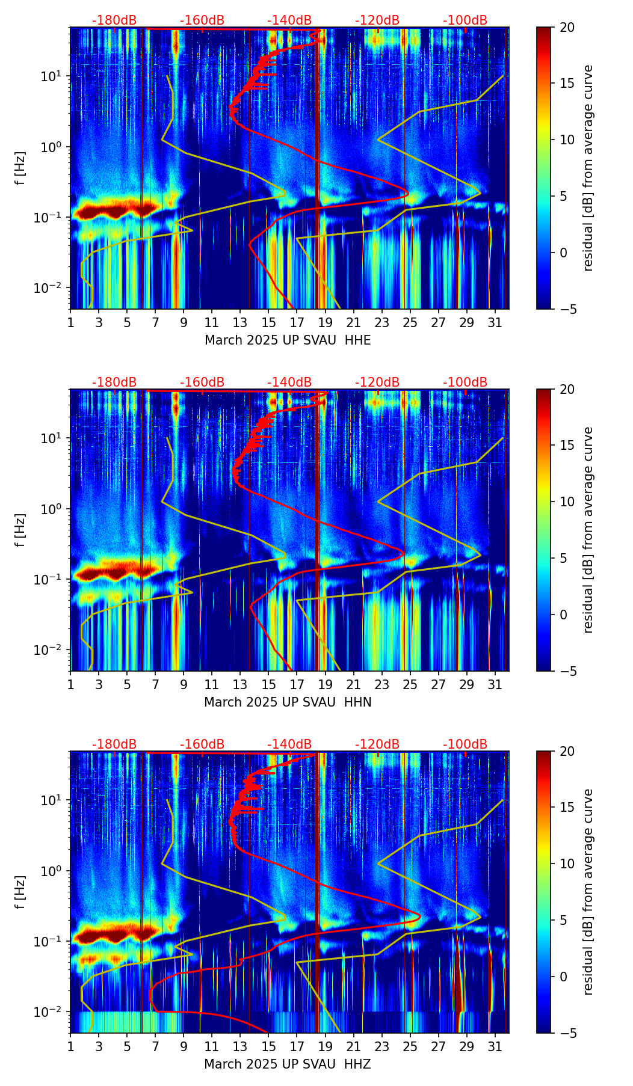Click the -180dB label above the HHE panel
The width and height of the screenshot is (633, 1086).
click(x=114, y=20)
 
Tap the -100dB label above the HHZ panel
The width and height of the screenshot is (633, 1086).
click(x=465, y=744)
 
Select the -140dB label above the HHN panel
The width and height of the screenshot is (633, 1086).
click(x=289, y=382)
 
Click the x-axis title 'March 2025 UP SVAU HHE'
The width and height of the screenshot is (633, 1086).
click(x=288, y=340)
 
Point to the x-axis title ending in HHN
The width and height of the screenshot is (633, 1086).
click(x=288, y=702)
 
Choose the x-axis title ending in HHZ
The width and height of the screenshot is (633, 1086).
click(x=288, y=1064)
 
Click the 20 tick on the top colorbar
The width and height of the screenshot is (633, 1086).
click(x=567, y=27)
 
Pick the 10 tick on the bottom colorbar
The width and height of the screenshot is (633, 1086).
click(x=567, y=864)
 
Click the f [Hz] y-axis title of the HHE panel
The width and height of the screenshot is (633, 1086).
click(x=20, y=168)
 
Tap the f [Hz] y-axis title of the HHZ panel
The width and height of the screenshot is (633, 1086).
click(x=20, y=892)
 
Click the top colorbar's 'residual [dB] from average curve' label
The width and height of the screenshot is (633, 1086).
click(x=588, y=168)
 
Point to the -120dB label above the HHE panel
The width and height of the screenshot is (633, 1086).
click(x=377, y=20)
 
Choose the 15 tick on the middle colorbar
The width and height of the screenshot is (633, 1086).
click(x=567, y=445)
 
